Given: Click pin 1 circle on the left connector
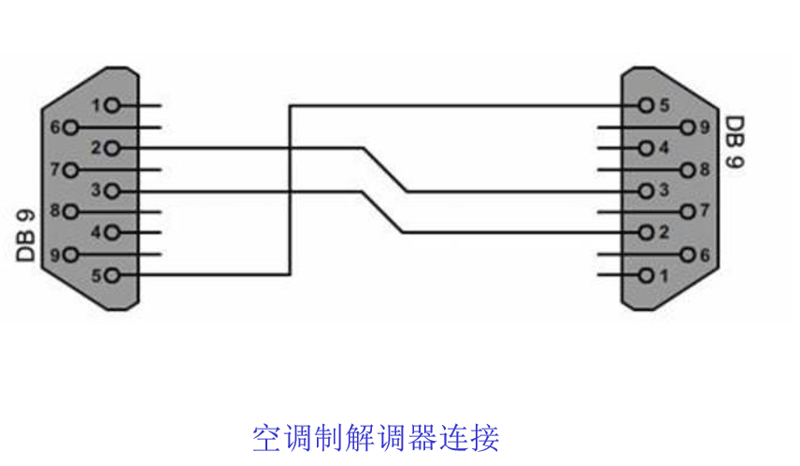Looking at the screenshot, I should coord(113,106).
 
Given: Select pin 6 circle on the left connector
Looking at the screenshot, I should coord(70,127).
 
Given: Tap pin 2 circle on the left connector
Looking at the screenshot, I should coord(113,148).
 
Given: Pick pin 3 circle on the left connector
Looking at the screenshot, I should coord(113,191).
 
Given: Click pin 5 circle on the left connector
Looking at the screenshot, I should coord(113,275).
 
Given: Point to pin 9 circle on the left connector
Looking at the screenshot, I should coord(70,254).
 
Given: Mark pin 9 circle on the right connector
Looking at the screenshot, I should coord(689,127).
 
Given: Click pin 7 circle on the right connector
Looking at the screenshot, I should coord(689,212).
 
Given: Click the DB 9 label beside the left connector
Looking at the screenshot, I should coord(27,234).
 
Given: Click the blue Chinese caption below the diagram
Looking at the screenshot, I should coord(376,437).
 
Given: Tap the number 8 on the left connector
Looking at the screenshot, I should coord(54,211).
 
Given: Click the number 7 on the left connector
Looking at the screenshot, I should coord(54,169).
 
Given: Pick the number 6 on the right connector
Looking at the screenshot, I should coord(707,254).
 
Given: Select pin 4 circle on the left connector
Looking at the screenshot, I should coord(113,233).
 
